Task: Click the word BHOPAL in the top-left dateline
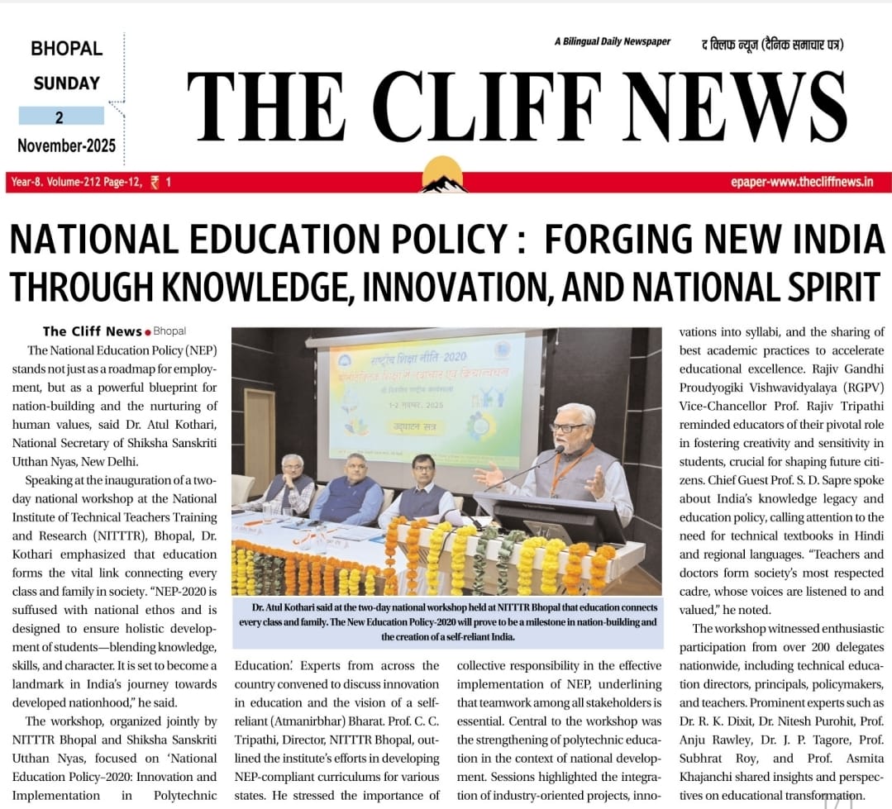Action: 66,49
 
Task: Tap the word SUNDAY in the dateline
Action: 66,83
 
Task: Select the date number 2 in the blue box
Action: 60,117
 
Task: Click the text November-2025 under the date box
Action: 66,147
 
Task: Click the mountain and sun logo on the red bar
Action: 443,175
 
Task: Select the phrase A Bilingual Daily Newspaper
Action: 612,41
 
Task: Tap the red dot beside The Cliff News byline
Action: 148,331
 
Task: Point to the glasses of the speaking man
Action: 566,428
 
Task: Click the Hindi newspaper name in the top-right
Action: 770,45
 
